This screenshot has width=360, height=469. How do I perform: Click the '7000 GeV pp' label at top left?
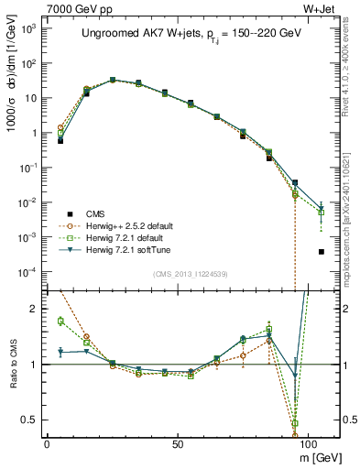63,8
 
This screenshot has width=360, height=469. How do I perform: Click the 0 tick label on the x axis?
47,443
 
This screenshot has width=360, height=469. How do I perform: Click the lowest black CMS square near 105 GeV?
321,252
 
